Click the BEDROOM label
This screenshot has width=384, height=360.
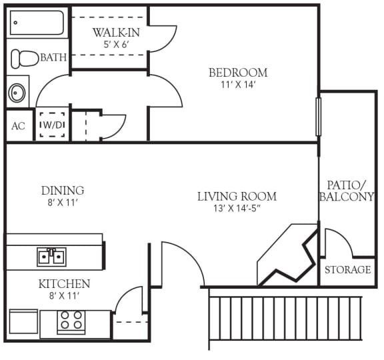[238, 73]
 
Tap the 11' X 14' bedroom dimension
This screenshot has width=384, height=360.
[238, 85]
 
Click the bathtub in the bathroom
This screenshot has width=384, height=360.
[37, 24]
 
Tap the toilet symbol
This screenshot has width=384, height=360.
[25, 58]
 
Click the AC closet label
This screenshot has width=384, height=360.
[18, 126]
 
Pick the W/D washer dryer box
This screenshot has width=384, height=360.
[51, 124]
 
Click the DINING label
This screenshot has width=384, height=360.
[63, 191]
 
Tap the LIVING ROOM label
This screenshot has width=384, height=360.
[237, 197]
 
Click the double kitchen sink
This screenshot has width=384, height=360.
[51, 255]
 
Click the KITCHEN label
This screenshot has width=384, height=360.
[64, 284]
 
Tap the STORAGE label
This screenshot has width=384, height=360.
[347, 270]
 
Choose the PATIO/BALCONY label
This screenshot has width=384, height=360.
[347, 191]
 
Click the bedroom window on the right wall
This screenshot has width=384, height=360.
[318, 117]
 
